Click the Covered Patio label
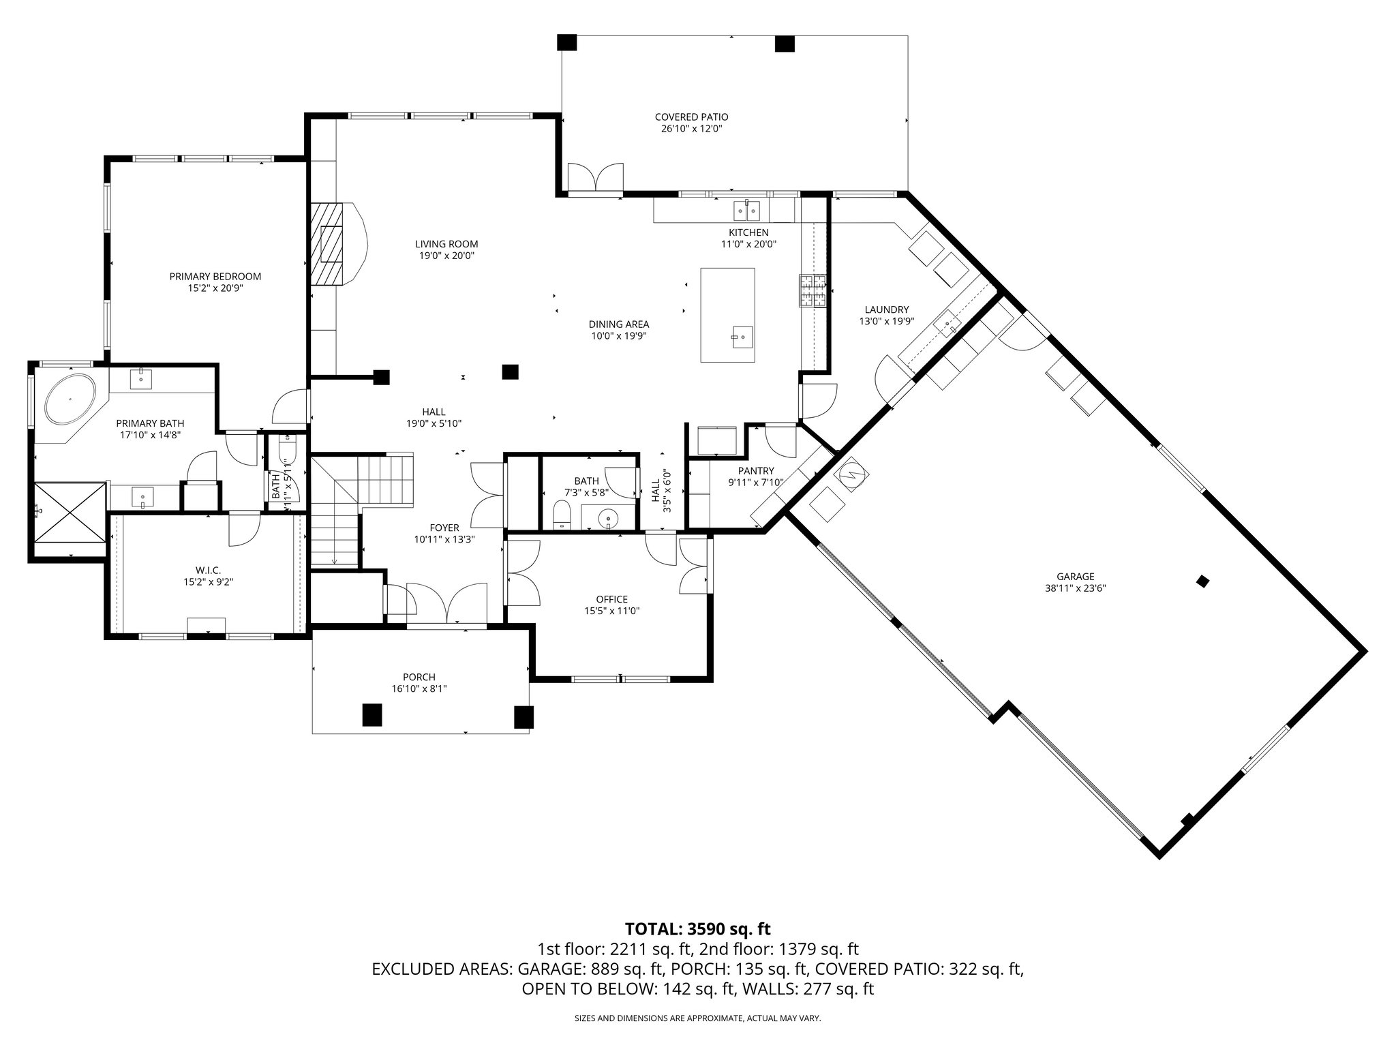point(691,117)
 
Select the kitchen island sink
point(742,335)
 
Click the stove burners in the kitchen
point(813,291)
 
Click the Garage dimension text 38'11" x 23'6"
point(1075,588)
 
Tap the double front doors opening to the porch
point(446,603)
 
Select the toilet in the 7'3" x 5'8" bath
point(562,515)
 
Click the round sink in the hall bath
point(608,520)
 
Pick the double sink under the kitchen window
point(747,211)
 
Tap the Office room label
point(611,599)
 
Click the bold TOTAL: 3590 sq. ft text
point(697,928)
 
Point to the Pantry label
point(756,470)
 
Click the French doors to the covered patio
point(596,177)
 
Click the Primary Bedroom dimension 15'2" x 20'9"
point(215,288)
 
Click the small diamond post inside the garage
point(1203,581)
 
